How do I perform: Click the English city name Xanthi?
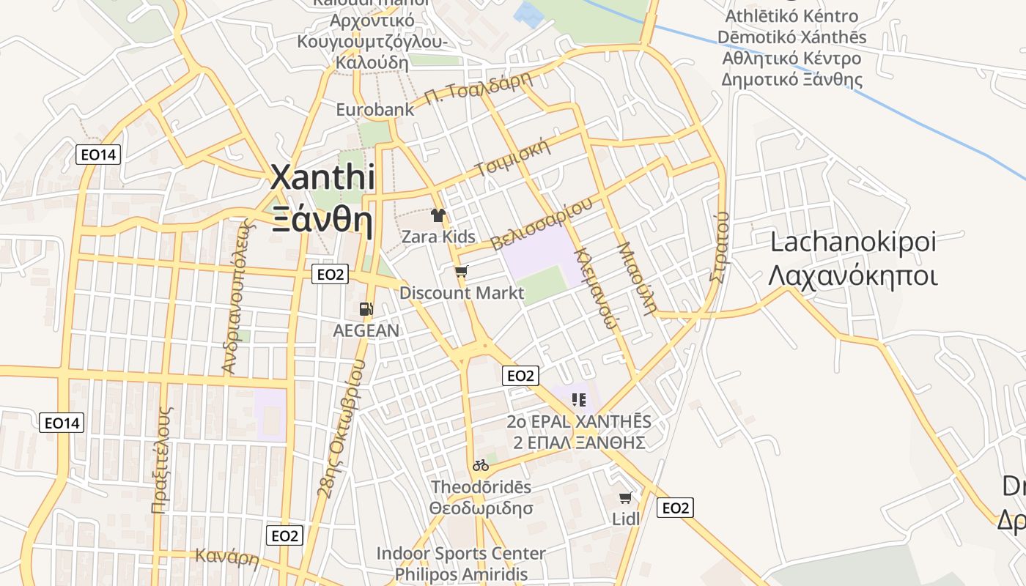click(322, 178)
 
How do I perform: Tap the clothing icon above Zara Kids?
click(438, 215)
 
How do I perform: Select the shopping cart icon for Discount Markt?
click(461, 272)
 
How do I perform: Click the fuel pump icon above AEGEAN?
click(366, 310)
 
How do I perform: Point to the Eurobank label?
click(374, 110)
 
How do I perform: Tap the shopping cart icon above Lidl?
click(625, 498)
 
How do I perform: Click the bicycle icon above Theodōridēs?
click(481, 465)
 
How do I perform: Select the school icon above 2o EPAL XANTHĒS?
click(579, 400)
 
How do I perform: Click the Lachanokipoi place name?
click(853, 242)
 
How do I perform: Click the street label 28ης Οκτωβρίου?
click(341, 429)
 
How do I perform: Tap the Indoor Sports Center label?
click(460, 554)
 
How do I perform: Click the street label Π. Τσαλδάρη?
click(477, 90)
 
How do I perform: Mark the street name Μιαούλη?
click(635, 278)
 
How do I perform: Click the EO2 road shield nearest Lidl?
click(675, 508)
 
